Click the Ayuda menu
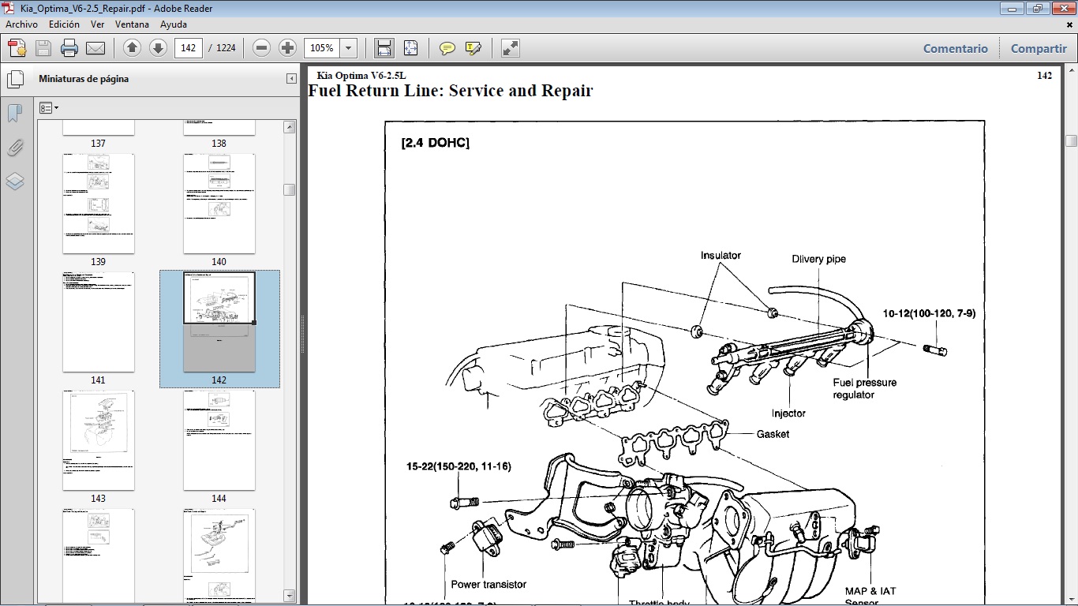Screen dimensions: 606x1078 pyautogui.click(x=173, y=24)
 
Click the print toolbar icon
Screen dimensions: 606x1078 pyautogui.click(x=69, y=48)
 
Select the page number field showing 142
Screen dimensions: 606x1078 pyautogui.click(x=189, y=48)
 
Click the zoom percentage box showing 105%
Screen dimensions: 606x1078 pyautogui.click(x=322, y=48)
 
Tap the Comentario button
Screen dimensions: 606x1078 pyautogui.click(x=955, y=48)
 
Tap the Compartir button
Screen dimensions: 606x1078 pyautogui.click(x=1039, y=48)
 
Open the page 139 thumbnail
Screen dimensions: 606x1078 pyautogui.click(x=99, y=204)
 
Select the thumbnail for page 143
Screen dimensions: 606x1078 pyautogui.click(x=99, y=440)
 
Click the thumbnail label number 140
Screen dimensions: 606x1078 pyautogui.click(x=219, y=262)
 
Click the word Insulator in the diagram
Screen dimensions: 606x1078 pyautogui.click(x=721, y=256)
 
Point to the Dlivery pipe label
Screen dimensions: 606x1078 pyautogui.click(x=818, y=259)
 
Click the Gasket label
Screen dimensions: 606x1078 pyautogui.click(x=773, y=434)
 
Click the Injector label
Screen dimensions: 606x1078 pyautogui.click(x=788, y=413)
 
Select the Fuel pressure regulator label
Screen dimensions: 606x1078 pyautogui.click(x=864, y=388)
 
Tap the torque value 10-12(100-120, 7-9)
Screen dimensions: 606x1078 pyautogui.click(x=929, y=313)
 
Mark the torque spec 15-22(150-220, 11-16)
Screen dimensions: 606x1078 pyautogui.click(x=459, y=466)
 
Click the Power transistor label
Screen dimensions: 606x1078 pyautogui.click(x=488, y=585)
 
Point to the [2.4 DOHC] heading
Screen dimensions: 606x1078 pyautogui.click(x=435, y=143)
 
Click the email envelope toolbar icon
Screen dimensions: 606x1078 pyautogui.click(x=95, y=48)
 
